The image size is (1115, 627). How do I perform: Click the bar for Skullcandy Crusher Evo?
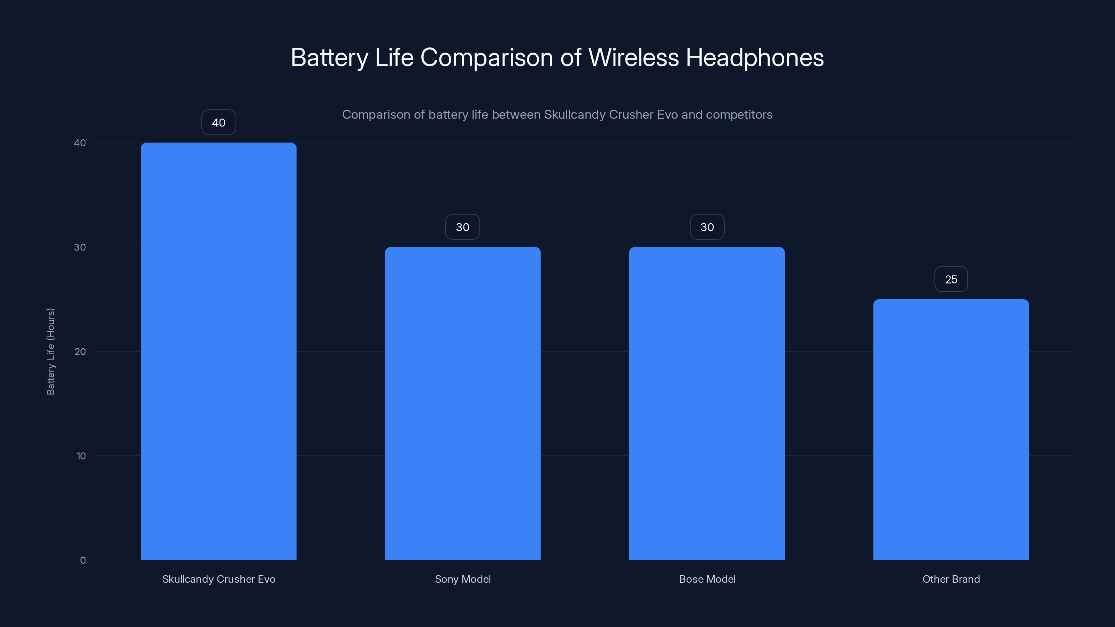click(x=218, y=351)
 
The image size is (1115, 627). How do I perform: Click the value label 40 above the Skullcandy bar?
click(x=218, y=123)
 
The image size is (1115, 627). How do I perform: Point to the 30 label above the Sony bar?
click(x=463, y=227)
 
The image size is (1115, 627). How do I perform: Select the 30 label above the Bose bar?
click(x=707, y=227)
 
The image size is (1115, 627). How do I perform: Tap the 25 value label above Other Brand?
click(x=951, y=279)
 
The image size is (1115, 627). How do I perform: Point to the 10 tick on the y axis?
click(x=81, y=456)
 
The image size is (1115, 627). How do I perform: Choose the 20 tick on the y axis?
click(x=80, y=351)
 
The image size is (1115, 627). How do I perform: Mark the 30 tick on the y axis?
click(x=80, y=247)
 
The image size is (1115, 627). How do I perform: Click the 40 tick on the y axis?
click(x=80, y=143)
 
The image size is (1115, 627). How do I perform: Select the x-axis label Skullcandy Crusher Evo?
click(x=218, y=579)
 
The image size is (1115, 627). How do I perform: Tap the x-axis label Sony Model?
click(x=463, y=579)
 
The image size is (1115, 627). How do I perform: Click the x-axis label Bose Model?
click(x=707, y=579)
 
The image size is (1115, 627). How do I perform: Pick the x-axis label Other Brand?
click(x=951, y=579)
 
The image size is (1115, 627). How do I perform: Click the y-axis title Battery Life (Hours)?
click(x=51, y=351)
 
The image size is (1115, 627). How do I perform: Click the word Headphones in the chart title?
click(x=754, y=57)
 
